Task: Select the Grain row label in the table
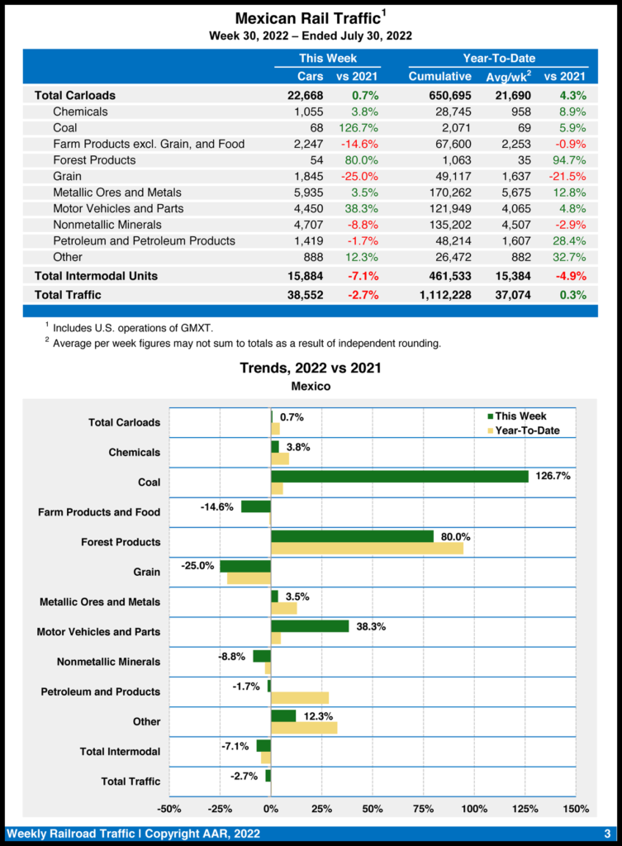point(67,176)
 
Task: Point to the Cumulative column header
point(439,77)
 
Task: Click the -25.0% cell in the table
point(360,176)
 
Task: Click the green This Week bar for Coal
point(400,476)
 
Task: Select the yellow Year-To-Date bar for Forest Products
point(367,549)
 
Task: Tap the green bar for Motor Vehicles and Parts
point(310,626)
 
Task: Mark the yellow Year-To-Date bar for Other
point(304,728)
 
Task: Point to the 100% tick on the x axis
point(474,808)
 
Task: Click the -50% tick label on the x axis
point(169,808)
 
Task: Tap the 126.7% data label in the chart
point(553,476)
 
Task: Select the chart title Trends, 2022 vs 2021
point(311,368)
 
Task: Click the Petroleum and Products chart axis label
point(101,692)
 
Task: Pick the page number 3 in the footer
point(606,833)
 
